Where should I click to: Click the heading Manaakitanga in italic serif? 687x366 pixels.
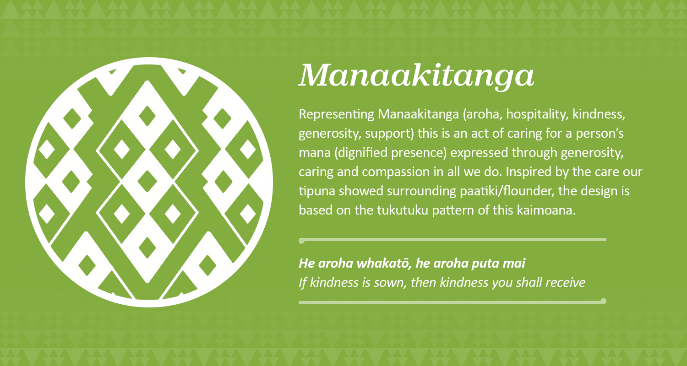tap(416, 75)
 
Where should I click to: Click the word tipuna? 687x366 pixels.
tap(316, 191)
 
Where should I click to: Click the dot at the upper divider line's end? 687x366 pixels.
tap(301, 240)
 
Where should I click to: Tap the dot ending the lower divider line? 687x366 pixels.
tap(603, 301)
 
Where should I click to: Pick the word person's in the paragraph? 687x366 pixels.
tap(600, 134)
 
